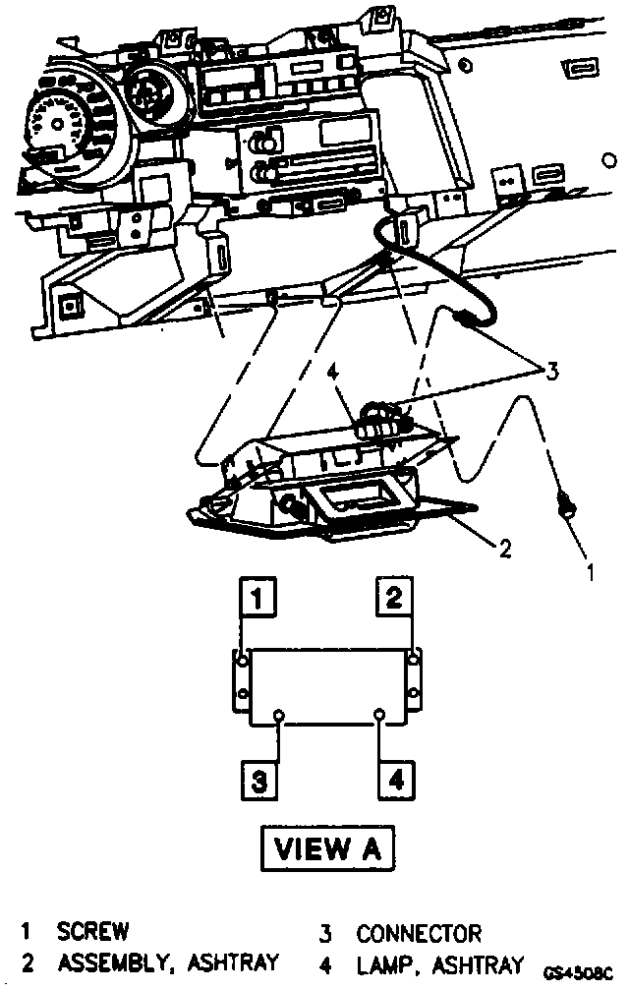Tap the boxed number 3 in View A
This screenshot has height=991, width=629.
click(257, 782)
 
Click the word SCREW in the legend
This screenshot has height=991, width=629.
click(92, 931)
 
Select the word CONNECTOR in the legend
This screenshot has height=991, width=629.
click(419, 933)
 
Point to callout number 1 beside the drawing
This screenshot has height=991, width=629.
click(590, 568)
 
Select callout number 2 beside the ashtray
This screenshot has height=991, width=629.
click(504, 549)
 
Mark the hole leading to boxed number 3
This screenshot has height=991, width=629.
click(280, 714)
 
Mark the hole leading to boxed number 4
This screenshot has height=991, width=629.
click(378, 714)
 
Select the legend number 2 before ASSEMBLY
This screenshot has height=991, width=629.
click(28, 963)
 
